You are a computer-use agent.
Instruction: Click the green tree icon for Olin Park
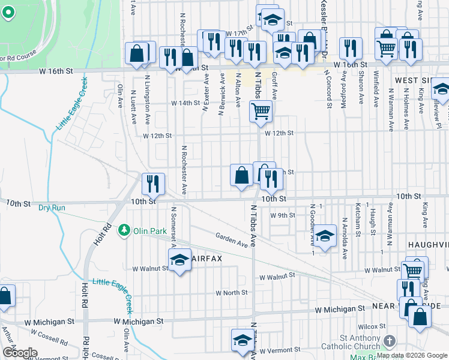[x=124, y=230]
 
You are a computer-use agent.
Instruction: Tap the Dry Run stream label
[x=51, y=208]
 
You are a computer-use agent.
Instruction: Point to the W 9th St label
[x=283, y=215]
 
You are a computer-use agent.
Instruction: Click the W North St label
[x=232, y=293]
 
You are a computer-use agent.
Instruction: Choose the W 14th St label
[x=185, y=103]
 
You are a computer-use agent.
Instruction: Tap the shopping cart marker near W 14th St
[x=261, y=110]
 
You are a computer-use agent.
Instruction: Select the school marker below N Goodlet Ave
[x=325, y=236]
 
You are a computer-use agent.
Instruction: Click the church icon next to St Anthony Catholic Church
[x=389, y=341]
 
